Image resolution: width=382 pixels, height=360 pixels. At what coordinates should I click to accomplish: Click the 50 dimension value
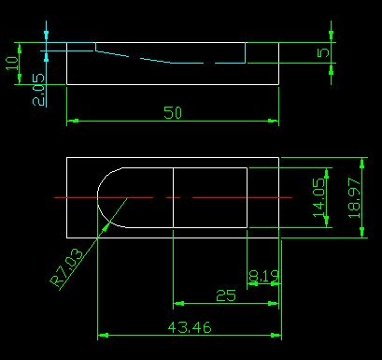coord(173,112)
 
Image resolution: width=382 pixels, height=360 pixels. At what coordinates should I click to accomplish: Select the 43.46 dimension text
coord(190,327)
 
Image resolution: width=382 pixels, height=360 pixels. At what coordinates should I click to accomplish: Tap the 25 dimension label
coord(226,295)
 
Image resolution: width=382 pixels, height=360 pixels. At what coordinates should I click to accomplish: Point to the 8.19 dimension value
coord(264,276)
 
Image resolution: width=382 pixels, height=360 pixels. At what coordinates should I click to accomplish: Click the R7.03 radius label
coord(66,267)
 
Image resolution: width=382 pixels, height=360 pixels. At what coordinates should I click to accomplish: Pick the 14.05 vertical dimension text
coord(319,197)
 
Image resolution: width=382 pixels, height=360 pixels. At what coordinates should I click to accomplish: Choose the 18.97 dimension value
coord(354,197)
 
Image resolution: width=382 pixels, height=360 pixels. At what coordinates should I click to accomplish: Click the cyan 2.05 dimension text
coord(39,90)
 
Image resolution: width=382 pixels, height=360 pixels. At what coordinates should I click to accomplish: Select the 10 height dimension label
coord(12,64)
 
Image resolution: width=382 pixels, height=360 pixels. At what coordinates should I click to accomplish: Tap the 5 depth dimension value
coord(323,52)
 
